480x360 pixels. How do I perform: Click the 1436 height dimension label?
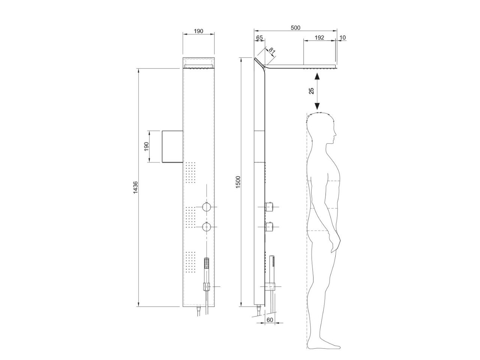(135, 187)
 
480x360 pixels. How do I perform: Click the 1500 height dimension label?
(238, 182)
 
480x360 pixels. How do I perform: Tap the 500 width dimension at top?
(295, 28)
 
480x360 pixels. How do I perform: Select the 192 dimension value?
(319, 37)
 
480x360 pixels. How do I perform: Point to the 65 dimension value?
(259, 37)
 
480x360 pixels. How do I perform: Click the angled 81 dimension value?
(272, 51)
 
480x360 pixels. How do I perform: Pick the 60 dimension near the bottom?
(270, 320)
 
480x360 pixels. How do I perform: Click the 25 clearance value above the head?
(311, 91)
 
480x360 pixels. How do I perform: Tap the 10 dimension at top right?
(343, 37)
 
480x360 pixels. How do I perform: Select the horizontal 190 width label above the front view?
(198, 31)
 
